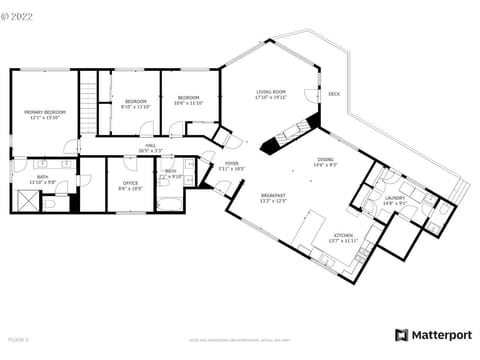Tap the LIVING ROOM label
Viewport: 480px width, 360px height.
tap(271, 94)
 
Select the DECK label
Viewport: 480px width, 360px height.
tap(334, 94)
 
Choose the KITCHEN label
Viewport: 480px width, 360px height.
tap(344, 237)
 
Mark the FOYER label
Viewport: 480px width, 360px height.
tap(231, 165)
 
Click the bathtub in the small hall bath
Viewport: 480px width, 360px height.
tap(171, 203)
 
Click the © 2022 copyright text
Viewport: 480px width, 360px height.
tap(24, 16)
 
